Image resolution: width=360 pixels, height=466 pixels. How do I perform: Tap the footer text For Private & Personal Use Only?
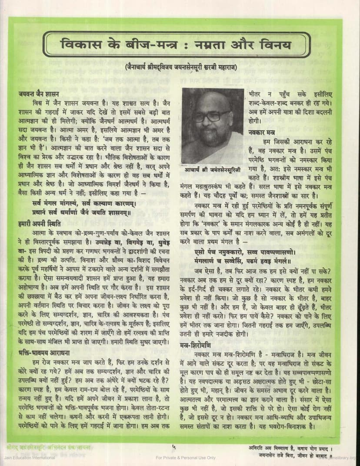click(186, 458)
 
